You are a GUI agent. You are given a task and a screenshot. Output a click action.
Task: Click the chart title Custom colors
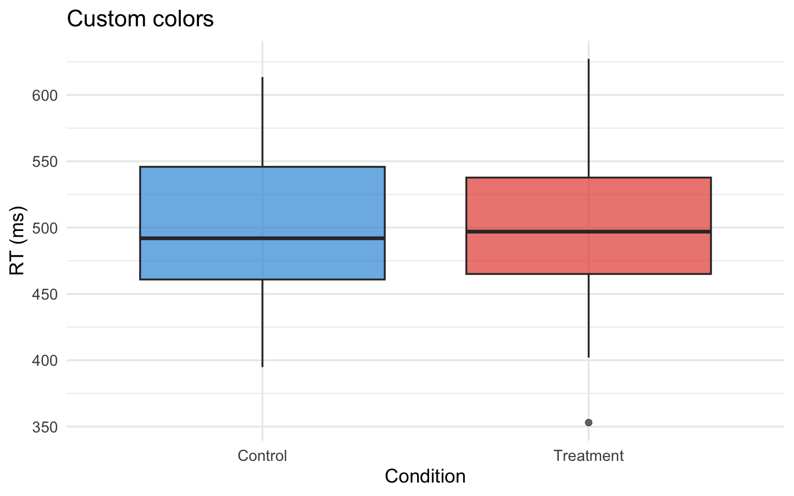(140, 19)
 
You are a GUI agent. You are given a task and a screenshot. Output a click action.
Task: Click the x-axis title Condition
(425, 476)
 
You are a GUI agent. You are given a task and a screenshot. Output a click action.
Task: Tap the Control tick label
(262, 456)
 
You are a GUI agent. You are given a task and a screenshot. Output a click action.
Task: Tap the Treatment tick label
(588, 456)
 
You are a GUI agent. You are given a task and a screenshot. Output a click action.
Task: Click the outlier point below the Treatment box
(588, 423)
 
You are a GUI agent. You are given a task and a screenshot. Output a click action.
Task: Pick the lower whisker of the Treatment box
(589, 315)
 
